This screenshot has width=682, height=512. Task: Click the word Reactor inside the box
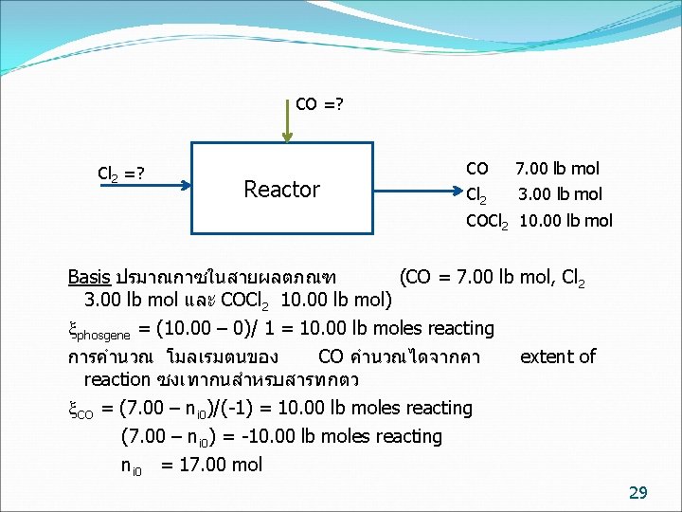pyautogui.click(x=281, y=190)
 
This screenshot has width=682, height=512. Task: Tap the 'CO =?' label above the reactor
pyautogui.click(x=319, y=103)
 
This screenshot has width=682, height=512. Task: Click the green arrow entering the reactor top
pyautogui.click(x=291, y=120)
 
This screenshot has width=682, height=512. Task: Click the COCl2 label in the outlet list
pyautogui.click(x=487, y=222)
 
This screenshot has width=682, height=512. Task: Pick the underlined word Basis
pyautogui.click(x=89, y=277)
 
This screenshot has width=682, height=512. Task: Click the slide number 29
pyautogui.click(x=637, y=491)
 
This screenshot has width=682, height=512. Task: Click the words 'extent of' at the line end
pyautogui.click(x=558, y=357)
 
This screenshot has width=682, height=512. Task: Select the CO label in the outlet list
pyautogui.click(x=477, y=169)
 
